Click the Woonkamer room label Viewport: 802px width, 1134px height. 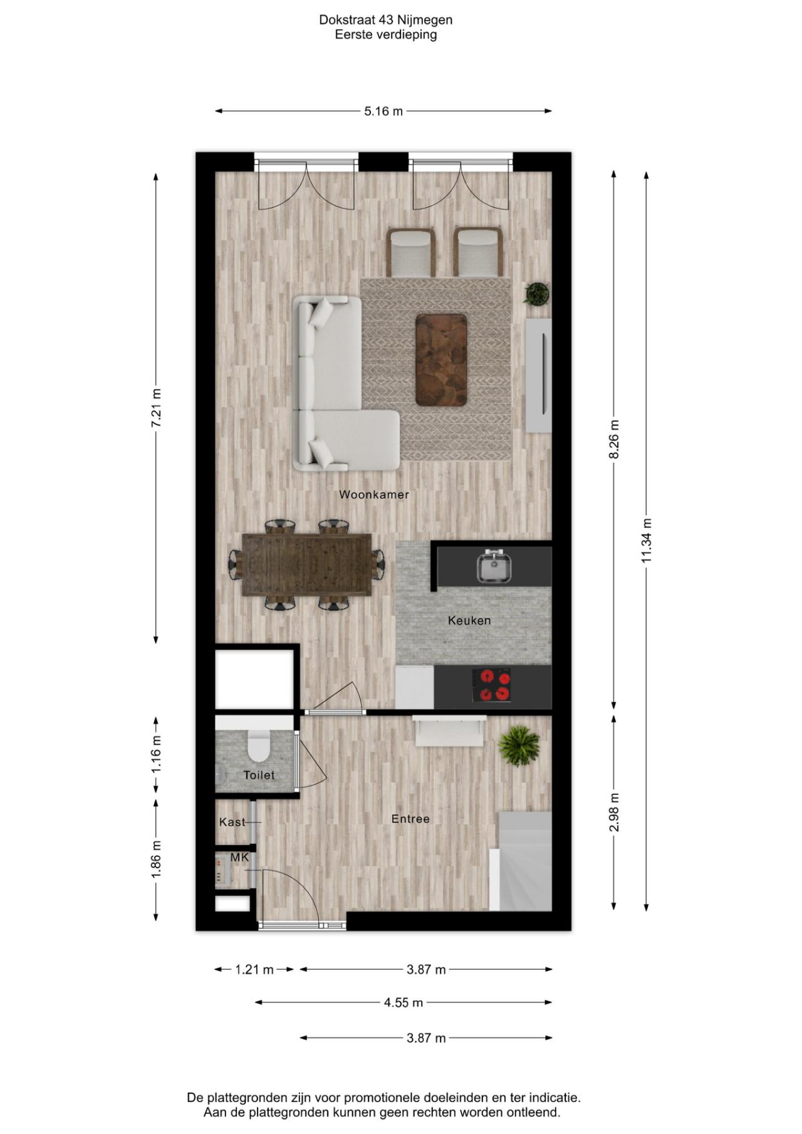(374, 494)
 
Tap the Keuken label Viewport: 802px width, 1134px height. (469, 620)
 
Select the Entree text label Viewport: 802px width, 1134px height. (410, 819)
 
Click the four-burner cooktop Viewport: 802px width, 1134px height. (491, 685)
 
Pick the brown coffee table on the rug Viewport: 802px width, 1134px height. (441, 359)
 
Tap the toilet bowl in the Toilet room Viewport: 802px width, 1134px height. (258, 745)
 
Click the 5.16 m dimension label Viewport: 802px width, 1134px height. (383, 112)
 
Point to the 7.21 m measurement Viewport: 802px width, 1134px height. (156, 408)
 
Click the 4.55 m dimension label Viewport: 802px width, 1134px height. (404, 1002)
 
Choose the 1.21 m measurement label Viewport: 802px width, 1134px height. (254, 970)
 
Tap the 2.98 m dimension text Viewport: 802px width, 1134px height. (614, 813)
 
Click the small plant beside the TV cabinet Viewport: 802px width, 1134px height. (537, 293)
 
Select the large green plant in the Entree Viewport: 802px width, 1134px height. (519, 744)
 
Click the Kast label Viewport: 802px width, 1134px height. (232, 822)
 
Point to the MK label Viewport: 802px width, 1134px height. (239, 857)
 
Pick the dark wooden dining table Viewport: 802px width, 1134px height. (307, 564)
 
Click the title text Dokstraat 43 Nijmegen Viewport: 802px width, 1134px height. (386, 19)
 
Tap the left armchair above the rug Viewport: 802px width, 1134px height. (411, 252)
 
